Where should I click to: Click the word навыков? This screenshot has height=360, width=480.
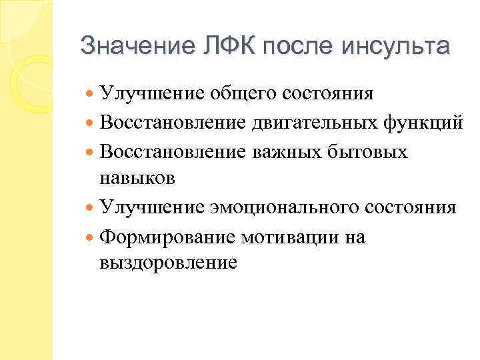(x=137, y=179)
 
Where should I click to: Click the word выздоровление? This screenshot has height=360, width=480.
(x=167, y=264)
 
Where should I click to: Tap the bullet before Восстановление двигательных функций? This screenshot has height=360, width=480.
(x=90, y=123)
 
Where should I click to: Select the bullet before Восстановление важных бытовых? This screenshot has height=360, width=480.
(x=90, y=152)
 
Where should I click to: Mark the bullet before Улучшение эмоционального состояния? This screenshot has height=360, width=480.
(x=90, y=208)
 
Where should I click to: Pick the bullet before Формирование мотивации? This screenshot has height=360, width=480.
(x=90, y=237)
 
